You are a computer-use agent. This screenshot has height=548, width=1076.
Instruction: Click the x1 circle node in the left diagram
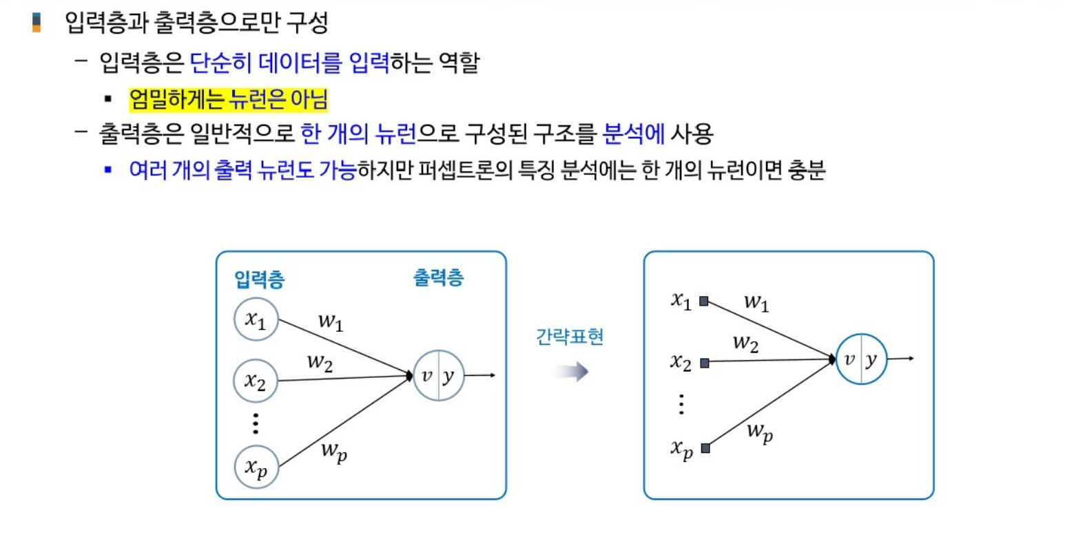coord(256,319)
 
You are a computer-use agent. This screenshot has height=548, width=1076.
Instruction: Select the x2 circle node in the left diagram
coord(256,381)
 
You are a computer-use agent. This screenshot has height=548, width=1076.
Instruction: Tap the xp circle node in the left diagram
coord(256,467)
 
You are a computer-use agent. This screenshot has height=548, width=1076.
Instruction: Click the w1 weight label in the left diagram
coord(331,322)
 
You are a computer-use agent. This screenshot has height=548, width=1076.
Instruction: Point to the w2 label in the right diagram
coord(745,343)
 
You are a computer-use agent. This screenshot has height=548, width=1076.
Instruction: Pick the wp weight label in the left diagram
coord(334,452)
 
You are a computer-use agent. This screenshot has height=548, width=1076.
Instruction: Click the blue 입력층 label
coord(260,280)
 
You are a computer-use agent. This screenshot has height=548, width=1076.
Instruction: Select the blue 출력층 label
coord(438,277)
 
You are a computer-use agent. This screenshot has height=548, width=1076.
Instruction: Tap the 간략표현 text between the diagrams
coord(570,337)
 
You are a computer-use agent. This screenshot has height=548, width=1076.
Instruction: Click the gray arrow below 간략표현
coord(570,372)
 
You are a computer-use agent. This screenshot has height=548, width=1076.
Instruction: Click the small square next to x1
coord(704,301)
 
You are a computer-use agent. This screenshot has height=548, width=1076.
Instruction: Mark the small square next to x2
coord(704,363)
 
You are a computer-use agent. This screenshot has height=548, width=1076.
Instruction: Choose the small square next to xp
coord(705,448)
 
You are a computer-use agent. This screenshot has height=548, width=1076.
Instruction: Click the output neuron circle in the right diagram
coord(861,359)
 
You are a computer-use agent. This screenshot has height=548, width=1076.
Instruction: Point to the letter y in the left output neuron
coord(449,376)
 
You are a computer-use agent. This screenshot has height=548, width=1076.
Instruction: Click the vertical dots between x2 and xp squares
coord(681,404)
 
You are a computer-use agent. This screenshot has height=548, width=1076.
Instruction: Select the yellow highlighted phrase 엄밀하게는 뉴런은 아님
coord(228,100)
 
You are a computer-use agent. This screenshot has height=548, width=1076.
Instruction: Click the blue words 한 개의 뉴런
coord(358,133)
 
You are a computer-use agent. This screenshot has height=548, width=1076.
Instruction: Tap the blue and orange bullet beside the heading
coord(37,23)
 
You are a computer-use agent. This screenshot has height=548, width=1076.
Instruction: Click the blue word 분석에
coord(633,133)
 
